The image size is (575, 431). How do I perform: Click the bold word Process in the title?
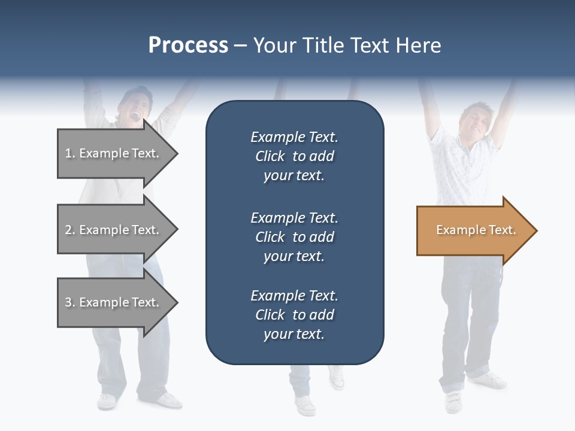[188, 45]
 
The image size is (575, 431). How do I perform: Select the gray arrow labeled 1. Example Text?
[114, 153]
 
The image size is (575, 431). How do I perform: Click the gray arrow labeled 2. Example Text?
[114, 230]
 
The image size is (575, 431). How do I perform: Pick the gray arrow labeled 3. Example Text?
[114, 302]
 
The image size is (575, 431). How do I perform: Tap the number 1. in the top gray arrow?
[69, 153]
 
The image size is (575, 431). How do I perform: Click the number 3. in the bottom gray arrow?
[69, 302]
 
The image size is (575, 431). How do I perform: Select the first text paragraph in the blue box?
[294, 156]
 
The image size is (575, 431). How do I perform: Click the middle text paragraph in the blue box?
[294, 237]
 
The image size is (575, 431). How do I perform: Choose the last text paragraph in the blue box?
[294, 315]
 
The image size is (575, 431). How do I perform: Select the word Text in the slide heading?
[370, 45]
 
